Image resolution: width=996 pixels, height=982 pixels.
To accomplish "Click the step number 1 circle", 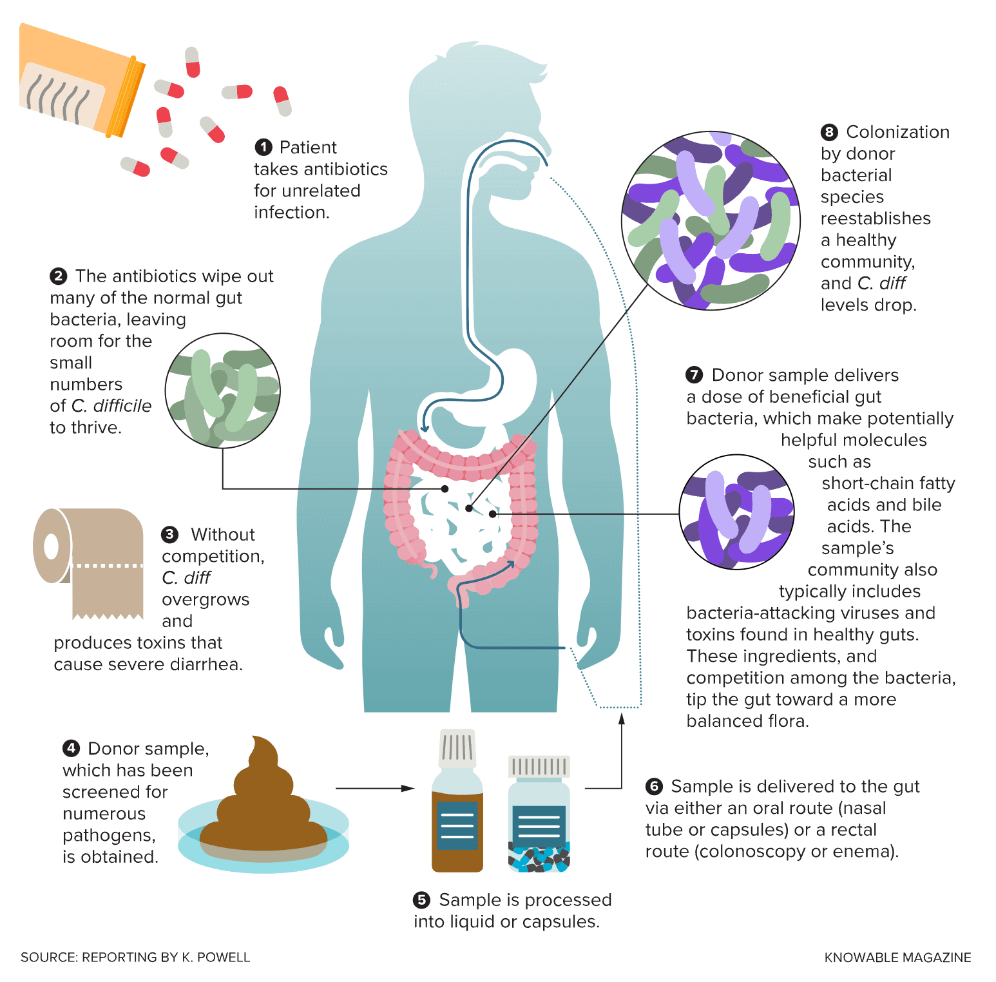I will click(263, 148).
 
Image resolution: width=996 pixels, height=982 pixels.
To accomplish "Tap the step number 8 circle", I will click(829, 132).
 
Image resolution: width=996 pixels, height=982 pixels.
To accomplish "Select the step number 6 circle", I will click(654, 786).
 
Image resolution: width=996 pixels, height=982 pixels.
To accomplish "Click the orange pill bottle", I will click(81, 80).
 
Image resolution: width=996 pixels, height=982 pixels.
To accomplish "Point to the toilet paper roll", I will click(90, 561).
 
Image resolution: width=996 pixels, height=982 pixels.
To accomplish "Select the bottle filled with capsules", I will click(539, 815).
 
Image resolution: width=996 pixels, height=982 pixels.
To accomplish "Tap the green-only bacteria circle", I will click(223, 390).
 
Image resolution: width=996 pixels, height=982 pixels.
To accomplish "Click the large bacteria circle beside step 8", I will click(711, 221).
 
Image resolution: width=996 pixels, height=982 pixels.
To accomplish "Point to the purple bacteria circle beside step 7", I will click(737, 512).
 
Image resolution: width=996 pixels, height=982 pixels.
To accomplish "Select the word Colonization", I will click(897, 132).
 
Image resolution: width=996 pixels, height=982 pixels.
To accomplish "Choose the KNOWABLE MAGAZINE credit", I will click(897, 958).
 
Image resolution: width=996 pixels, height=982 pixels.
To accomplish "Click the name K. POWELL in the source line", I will click(216, 958).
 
